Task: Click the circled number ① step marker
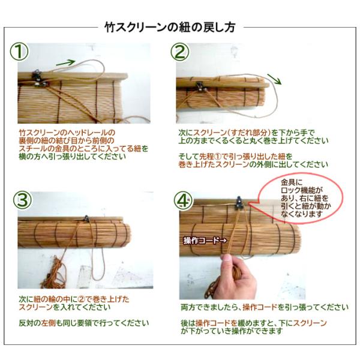point(19,52)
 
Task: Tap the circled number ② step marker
point(180,52)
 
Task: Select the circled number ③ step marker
point(22,200)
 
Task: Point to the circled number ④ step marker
point(183,200)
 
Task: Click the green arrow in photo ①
point(65,62)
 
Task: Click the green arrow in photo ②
point(274,79)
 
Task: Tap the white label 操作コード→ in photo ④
point(205,241)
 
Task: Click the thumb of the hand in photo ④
point(227,260)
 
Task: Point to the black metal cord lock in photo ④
point(239,203)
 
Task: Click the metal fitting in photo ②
point(200,86)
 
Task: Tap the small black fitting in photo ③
point(86,218)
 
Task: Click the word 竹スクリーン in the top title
point(136,28)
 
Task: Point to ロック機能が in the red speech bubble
point(302,190)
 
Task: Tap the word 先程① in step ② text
point(211,157)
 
